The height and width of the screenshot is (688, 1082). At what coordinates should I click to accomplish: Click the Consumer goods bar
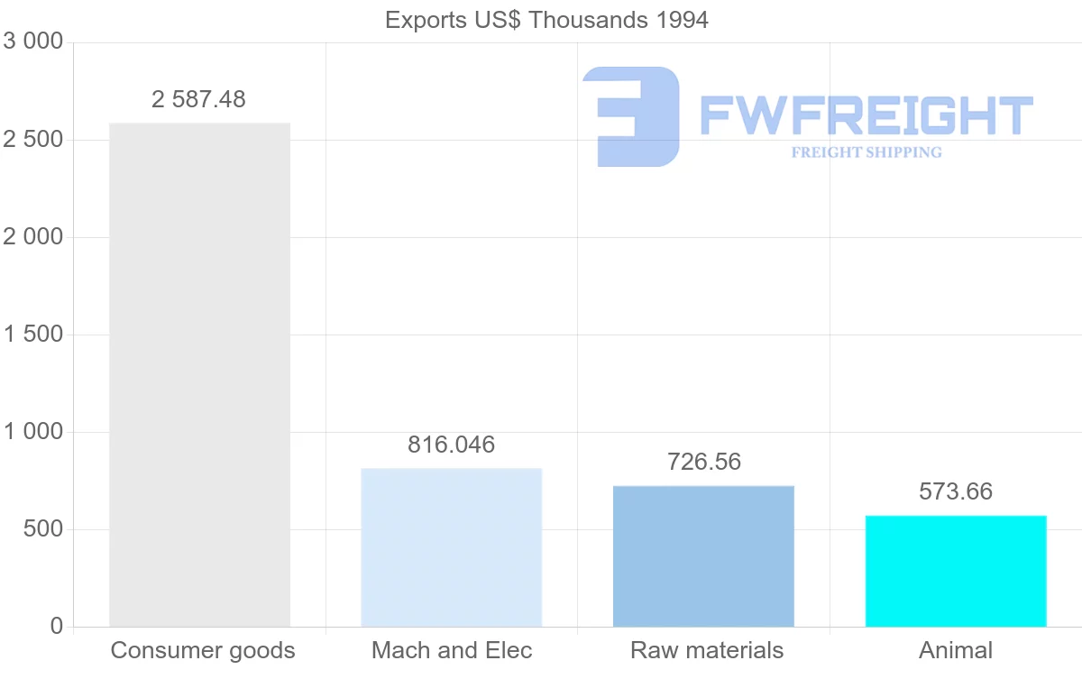[199, 374]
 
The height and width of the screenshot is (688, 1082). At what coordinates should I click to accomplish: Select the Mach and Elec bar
[451, 547]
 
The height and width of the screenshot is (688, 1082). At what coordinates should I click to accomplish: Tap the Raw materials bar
[703, 556]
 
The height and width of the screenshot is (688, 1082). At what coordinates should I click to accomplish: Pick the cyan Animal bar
[956, 571]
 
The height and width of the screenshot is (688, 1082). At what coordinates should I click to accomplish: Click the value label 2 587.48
[198, 99]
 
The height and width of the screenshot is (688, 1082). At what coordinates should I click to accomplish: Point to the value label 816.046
[451, 445]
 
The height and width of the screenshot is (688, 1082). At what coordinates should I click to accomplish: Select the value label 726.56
[703, 462]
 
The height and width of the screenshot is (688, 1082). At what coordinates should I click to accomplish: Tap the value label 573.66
[956, 491]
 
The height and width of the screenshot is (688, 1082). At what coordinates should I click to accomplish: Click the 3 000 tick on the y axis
[33, 42]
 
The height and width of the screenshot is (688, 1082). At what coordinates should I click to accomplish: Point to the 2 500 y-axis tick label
[33, 140]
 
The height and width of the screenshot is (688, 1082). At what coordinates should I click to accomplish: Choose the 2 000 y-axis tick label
[33, 237]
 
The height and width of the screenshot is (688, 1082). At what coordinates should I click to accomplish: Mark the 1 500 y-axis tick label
[33, 335]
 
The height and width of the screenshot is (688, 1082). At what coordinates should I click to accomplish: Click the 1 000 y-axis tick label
[33, 432]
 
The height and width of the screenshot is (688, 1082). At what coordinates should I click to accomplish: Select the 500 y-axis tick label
[42, 529]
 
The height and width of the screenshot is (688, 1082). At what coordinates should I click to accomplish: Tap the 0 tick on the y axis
[56, 627]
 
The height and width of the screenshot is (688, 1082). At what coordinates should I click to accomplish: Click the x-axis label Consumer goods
[203, 650]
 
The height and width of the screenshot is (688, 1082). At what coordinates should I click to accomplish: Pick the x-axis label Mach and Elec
[452, 650]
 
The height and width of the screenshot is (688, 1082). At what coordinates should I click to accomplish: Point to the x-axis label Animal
[956, 650]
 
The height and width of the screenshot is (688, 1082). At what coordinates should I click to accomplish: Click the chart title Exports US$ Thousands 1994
[546, 20]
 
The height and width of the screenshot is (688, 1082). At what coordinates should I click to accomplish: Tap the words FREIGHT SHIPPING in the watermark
[867, 152]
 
